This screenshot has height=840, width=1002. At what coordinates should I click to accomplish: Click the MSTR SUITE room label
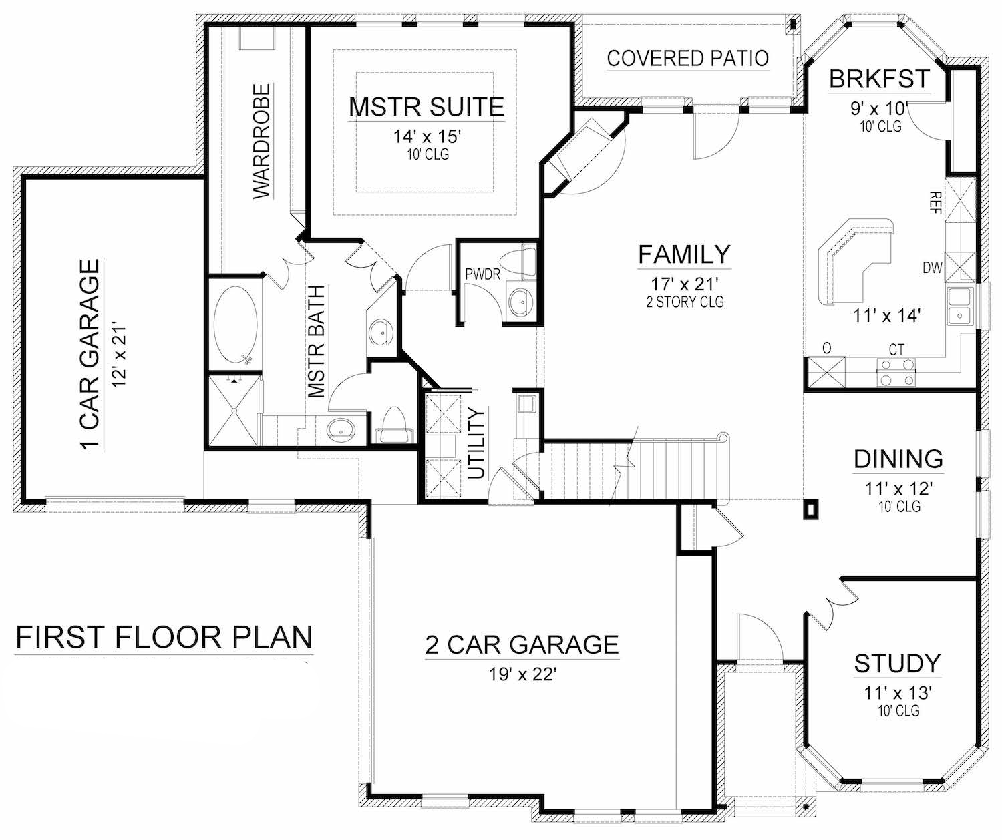pos(426,107)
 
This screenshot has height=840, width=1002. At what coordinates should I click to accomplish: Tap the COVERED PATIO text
pos(687,58)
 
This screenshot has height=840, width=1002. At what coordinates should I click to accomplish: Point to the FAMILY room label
pos(685,254)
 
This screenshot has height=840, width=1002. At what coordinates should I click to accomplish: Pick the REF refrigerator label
pos(935,202)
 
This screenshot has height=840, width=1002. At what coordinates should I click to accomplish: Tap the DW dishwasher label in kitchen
pos(933,268)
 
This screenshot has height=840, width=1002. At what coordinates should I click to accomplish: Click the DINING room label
pos(898,459)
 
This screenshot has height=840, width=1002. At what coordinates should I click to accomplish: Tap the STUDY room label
pos(897,664)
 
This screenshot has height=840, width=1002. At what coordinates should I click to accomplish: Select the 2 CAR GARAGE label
pos(522,644)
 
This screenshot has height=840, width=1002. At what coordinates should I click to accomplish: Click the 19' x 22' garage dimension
pos(522,674)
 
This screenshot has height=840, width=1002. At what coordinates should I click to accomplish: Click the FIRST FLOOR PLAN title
pos(164,637)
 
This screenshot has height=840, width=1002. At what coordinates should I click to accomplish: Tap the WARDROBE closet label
pos(262,141)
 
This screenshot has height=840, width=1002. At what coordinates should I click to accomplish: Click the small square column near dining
pos(811,509)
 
